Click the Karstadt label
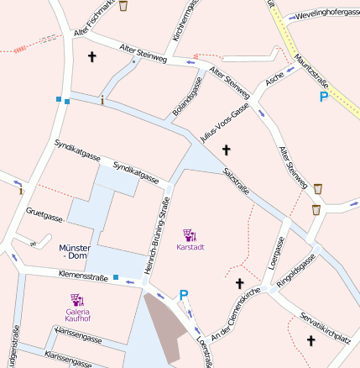click(190, 247)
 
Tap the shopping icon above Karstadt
click(190, 234)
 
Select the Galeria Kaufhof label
click(78, 315)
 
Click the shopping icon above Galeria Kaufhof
click(77, 298)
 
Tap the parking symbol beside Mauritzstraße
click(324, 97)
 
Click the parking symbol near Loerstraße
click(184, 295)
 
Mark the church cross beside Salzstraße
click(225, 150)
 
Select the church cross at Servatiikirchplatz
click(310, 340)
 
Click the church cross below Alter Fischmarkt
click(92, 57)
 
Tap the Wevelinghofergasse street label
click(325, 14)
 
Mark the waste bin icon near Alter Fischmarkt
click(124, 7)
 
